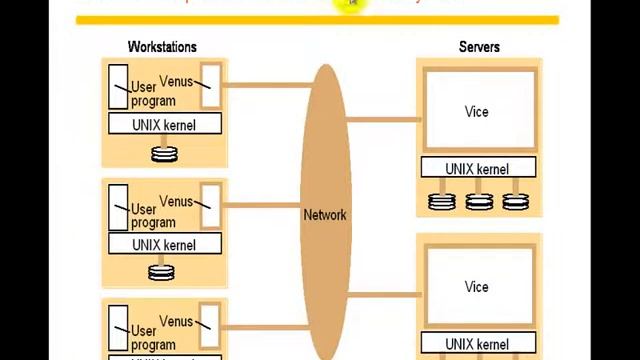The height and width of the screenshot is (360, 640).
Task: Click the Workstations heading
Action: (x=162, y=46)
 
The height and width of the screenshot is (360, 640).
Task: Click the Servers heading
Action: (x=479, y=46)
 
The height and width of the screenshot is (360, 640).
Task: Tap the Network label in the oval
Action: (x=324, y=215)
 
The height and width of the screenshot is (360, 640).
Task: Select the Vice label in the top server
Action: (x=477, y=112)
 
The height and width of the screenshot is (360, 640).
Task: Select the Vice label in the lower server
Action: (x=477, y=287)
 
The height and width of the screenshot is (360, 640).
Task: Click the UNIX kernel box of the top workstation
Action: (x=164, y=125)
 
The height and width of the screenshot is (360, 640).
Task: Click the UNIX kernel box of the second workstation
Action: (x=164, y=245)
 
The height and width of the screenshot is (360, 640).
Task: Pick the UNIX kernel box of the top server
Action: (x=478, y=169)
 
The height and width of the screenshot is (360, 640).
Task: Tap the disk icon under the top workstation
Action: (x=163, y=154)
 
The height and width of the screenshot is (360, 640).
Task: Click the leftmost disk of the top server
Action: (x=442, y=201)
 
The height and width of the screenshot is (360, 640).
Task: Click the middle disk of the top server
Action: (x=479, y=201)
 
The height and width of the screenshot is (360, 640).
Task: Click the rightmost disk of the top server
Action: (x=515, y=201)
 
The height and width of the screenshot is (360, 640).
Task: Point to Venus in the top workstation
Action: (x=176, y=81)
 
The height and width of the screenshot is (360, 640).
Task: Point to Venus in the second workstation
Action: (x=176, y=202)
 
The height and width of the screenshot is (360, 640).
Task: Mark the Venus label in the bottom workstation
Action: (x=176, y=322)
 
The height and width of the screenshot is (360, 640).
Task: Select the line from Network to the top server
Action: (x=384, y=119)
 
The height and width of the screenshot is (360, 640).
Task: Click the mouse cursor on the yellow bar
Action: (x=353, y=5)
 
